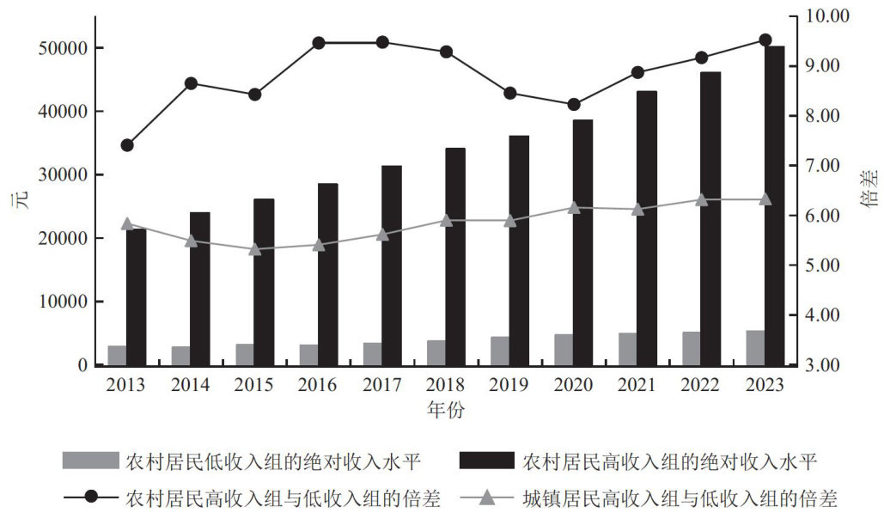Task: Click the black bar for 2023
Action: click(776, 206)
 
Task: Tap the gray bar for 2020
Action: click(564, 350)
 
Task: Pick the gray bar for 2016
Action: click(308, 355)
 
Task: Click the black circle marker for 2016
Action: click(319, 43)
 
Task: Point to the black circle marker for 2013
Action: click(127, 145)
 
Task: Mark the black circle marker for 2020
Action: click(574, 105)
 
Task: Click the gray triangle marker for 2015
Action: click(255, 249)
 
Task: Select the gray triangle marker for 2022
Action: click(702, 199)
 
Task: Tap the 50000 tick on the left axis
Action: click(66, 48)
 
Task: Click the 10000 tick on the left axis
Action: click(66, 302)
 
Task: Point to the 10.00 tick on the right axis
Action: click(826, 16)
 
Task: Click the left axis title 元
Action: click(16, 203)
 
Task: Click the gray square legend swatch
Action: click(90, 461)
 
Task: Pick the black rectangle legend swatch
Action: click(487, 461)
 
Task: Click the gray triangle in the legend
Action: click(487, 497)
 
